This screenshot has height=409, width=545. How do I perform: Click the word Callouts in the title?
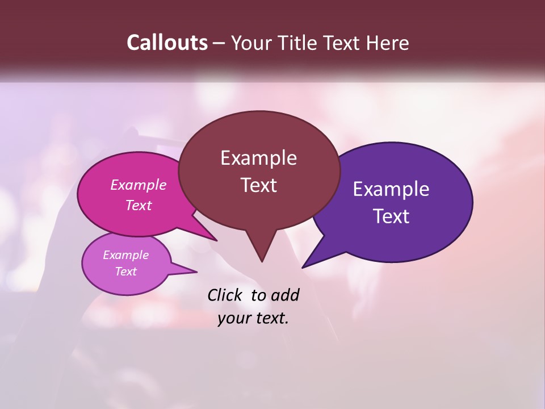pyautogui.click(x=167, y=43)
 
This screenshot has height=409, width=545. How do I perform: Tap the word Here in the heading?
pyautogui.click(x=388, y=43)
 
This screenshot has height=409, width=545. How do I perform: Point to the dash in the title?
pyautogui.click(x=219, y=43)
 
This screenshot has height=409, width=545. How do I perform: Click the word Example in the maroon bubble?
pyautogui.click(x=258, y=158)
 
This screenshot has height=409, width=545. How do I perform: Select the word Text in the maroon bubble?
pyautogui.click(x=258, y=185)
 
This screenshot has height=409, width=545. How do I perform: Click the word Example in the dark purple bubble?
pyautogui.click(x=391, y=189)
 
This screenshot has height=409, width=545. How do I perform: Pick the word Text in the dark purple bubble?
pyautogui.click(x=391, y=216)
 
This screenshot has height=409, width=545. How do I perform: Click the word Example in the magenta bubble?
pyautogui.click(x=139, y=185)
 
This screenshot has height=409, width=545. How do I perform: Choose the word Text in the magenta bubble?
pyautogui.click(x=139, y=205)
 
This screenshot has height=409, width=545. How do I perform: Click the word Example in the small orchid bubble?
pyautogui.click(x=126, y=255)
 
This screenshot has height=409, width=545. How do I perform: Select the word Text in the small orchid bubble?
pyautogui.click(x=126, y=272)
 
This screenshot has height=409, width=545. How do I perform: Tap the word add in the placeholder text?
pyautogui.click(x=285, y=295)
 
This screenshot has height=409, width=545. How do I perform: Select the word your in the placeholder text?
pyautogui.click(x=234, y=319)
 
